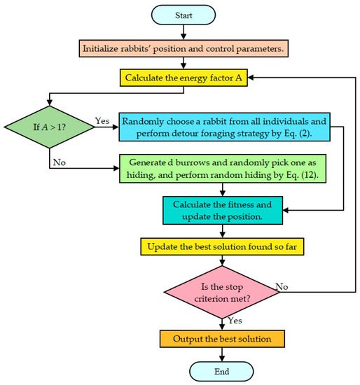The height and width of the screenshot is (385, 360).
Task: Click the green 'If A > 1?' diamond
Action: coord(50,126)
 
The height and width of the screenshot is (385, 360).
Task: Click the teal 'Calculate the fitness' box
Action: coord(222,211)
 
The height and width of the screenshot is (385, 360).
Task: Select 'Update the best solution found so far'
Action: coord(222,246)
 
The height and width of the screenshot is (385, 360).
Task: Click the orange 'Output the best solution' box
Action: coord(222,339)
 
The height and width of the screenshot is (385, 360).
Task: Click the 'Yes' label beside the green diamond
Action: coord(102,120)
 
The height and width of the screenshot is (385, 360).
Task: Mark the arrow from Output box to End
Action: coord(222,354)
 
